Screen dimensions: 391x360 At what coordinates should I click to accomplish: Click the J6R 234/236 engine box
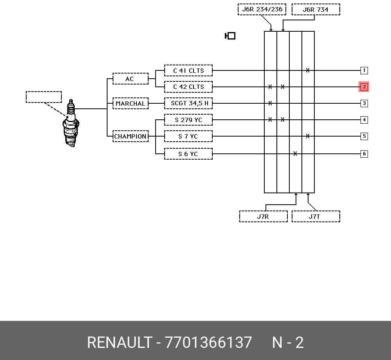point(262,9)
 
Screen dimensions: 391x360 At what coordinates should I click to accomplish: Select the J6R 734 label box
point(316,9)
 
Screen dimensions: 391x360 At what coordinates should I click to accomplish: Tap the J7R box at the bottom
point(263,216)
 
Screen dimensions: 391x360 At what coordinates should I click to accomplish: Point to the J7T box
point(316,216)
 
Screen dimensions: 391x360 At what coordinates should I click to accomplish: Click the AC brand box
point(131,79)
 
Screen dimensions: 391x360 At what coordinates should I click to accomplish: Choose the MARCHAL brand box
point(131,103)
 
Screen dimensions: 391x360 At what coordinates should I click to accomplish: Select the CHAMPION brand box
point(131,136)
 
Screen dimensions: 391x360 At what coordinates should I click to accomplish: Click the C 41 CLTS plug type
point(188,70)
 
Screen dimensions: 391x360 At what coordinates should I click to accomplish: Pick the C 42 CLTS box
point(188,87)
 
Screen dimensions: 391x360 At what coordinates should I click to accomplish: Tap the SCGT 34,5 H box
point(188,103)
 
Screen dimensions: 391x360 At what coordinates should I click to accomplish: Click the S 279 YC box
point(188,120)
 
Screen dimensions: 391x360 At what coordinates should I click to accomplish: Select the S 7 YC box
point(188,136)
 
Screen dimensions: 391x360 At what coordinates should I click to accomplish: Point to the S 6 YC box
point(188,154)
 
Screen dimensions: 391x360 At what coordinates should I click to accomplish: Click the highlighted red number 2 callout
point(364,87)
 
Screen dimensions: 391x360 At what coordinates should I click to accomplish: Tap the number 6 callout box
point(364,154)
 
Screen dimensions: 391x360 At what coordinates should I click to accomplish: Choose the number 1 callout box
point(364,70)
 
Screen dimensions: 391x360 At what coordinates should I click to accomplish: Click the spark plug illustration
point(71,123)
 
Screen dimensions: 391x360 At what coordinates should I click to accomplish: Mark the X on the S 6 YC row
point(295,154)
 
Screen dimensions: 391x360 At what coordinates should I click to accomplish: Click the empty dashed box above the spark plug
point(44,97)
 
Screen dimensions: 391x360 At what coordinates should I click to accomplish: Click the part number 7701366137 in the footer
point(208,342)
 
